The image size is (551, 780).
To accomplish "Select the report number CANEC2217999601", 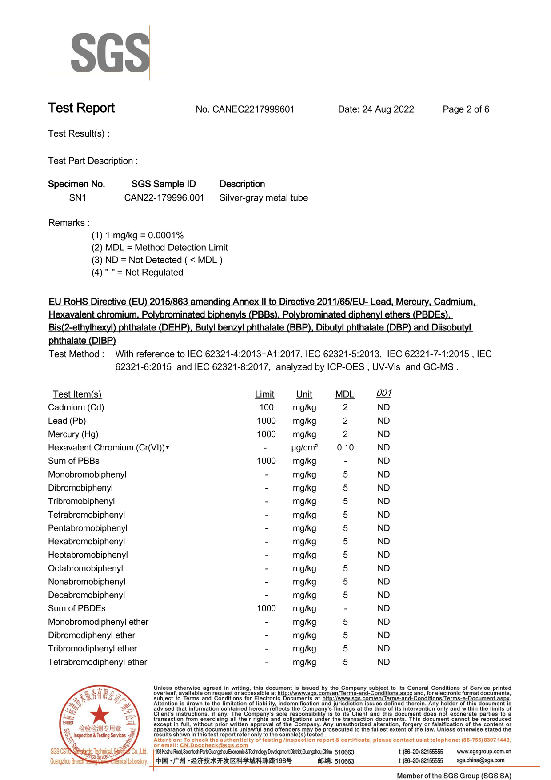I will coord(253,109).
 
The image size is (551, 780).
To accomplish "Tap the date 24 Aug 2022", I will coord(388,109).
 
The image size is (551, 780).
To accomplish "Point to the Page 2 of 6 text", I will coord(466,109).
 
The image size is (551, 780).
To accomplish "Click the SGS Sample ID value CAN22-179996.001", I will coord(164,198).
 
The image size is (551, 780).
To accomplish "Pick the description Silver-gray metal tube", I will coord(264,198).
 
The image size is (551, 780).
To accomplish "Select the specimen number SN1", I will coord(78,198).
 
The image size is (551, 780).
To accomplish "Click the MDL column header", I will coord(345,394).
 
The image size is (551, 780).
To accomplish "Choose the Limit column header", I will coord(264,394).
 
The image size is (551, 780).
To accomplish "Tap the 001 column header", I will coord(384,393).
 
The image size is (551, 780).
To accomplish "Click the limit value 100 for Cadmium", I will coord(266,407).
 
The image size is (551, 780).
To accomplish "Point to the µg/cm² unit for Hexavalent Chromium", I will coord(304,448).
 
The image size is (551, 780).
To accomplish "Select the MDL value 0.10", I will coord(345,448).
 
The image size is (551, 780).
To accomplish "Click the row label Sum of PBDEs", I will coord(77,608).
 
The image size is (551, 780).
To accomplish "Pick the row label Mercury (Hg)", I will coord(73,434).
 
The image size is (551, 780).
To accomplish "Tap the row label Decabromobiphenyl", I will coord(87,595).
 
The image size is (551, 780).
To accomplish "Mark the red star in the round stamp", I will coord(100,715).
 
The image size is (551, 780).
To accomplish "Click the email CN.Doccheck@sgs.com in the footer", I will coord(214,745).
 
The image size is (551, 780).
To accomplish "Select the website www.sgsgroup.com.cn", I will coord(484,752).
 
